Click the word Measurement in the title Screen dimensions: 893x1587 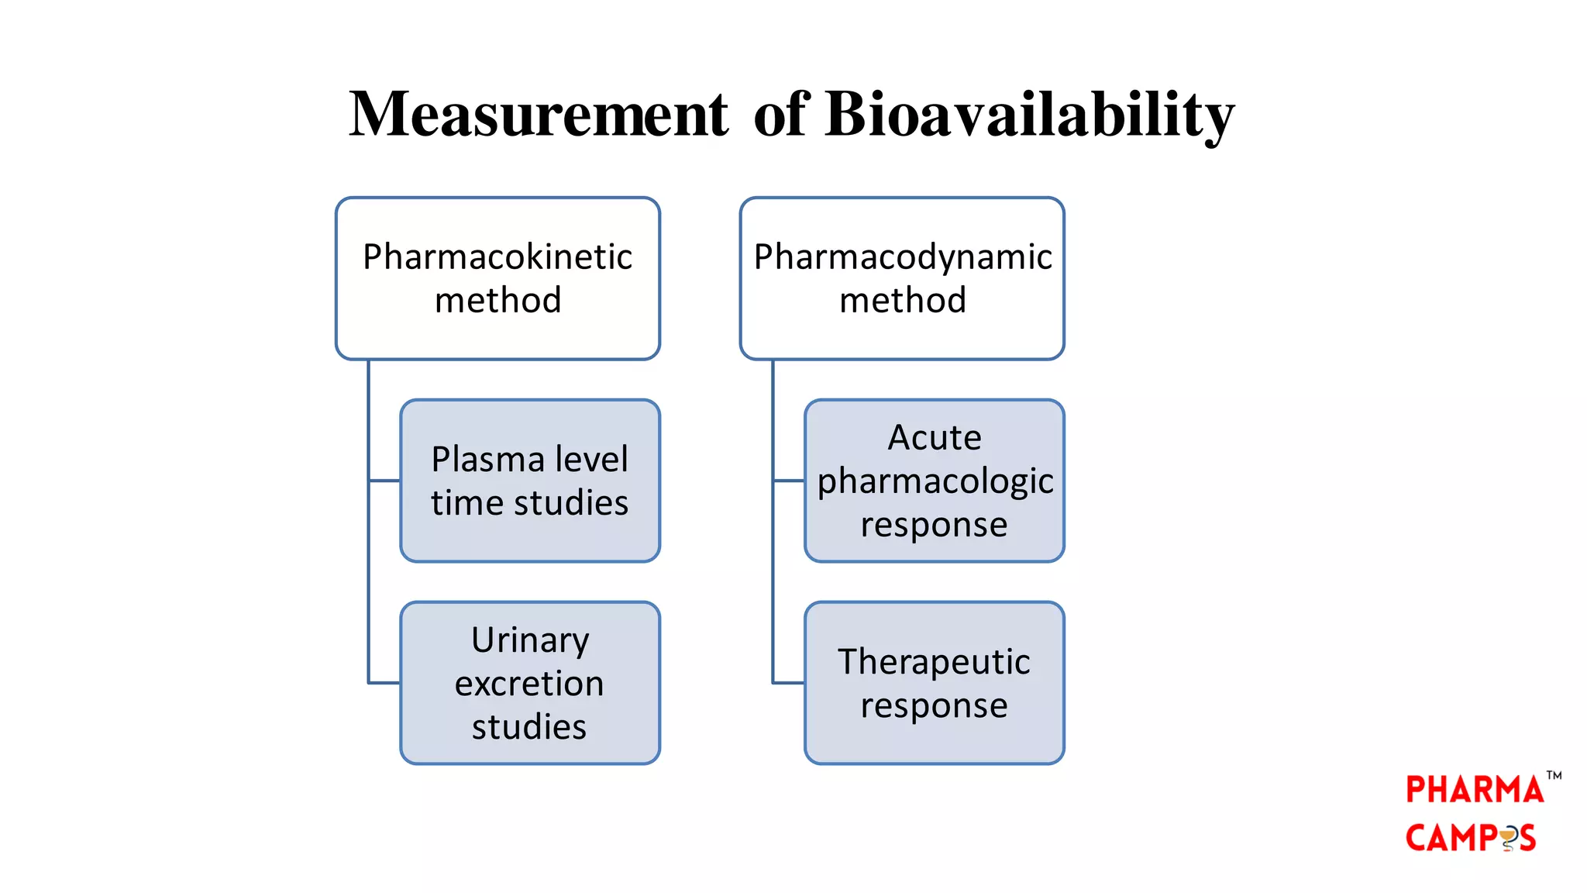click(x=538, y=115)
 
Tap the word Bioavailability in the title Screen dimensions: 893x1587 click(x=1029, y=115)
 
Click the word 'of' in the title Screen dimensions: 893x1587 click(x=781, y=115)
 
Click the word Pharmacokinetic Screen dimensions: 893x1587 click(x=497, y=257)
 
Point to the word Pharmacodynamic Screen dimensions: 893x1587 click(x=903, y=257)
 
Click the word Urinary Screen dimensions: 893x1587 click(x=530, y=641)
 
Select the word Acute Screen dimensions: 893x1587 click(x=935, y=438)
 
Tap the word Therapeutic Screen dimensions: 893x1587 click(x=934, y=662)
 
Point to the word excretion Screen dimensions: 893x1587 click(x=529, y=684)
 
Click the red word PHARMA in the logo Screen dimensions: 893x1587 click(x=1474, y=791)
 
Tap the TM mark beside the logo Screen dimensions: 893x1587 click(x=1554, y=775)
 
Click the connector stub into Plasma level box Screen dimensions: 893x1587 click(x=385, y=481)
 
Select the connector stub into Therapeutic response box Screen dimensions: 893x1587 click(x=789, y=683)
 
